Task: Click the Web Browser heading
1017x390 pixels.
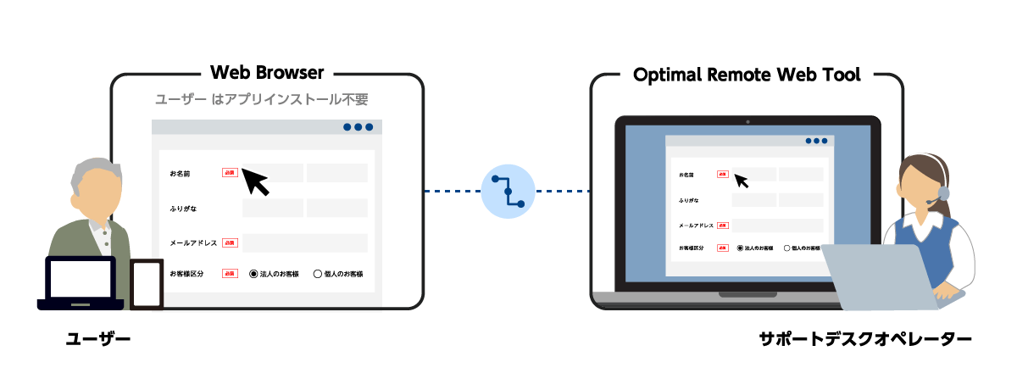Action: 267,73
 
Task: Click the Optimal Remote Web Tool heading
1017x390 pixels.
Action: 747,75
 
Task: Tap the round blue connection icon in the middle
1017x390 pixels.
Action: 508,192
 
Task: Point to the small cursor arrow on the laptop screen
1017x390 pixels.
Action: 742,181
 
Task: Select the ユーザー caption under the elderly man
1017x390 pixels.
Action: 99,340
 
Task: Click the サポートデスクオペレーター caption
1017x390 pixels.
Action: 864,340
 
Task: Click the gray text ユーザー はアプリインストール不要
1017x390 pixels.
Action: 261,100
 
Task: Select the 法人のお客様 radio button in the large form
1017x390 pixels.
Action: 253,274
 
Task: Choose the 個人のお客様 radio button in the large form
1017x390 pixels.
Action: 318,274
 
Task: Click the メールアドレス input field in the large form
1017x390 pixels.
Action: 304,242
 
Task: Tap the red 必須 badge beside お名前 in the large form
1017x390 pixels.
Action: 230,173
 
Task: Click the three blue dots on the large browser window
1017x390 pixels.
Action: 358,127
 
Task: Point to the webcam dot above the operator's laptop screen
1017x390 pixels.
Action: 747,121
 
